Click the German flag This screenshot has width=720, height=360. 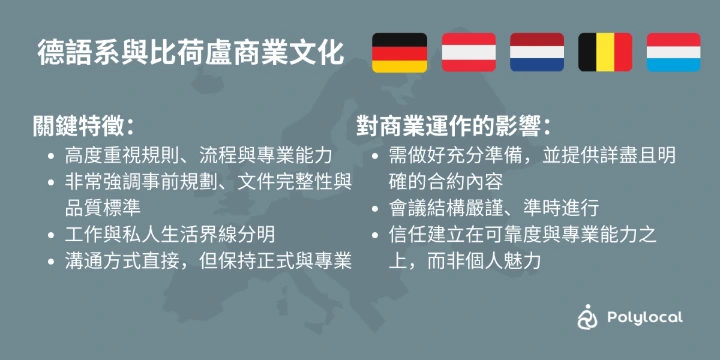tap(399, 52)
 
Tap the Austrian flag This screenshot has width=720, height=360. tap(468, 52)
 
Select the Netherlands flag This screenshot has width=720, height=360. tap(537, 52)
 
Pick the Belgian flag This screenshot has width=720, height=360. tap(605, 52)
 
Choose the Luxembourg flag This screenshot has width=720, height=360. tap(674, 52)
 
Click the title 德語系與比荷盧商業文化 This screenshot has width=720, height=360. tap(190, 53)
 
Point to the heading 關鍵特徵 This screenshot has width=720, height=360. tap(83, 126)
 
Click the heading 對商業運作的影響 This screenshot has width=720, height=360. tap(453, 126)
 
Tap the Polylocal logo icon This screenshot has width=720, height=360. tap(587, 316)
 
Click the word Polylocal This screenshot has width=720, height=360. tap(645, 317)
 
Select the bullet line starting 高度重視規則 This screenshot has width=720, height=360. tap(198, 156)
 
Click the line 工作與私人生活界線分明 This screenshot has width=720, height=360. tap(170, 235)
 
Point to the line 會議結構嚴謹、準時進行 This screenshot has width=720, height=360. tap(494, 208)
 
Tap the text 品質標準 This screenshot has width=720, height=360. tap(102, 208)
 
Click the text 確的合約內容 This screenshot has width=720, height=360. tap(445, 182)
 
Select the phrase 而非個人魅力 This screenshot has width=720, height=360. tap(484, 261)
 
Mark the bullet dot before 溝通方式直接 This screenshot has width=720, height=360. tap(51, 261)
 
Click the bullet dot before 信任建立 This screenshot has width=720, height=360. tap(375, 235)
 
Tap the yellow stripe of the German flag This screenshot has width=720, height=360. tap(399, 67)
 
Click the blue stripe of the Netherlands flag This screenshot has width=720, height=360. tap(537, 66)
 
